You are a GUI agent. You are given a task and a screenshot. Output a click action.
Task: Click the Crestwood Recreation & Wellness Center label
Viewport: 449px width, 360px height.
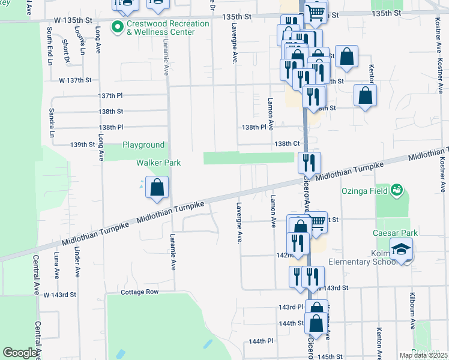161,28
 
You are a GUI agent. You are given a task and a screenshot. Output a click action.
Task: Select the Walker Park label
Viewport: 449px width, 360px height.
158,163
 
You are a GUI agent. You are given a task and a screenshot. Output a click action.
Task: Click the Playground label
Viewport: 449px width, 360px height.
143,145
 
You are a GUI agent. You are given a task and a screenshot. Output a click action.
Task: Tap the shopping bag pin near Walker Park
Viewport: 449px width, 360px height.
156,188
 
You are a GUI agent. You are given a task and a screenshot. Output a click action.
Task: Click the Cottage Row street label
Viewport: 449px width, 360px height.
139,292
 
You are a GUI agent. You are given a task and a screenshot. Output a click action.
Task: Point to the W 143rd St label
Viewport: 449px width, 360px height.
59,295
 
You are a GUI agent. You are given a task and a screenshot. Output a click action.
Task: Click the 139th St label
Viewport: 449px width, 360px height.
83,145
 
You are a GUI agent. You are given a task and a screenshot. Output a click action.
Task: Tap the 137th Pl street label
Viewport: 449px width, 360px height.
110,95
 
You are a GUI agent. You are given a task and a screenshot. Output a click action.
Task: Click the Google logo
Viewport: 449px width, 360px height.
20,352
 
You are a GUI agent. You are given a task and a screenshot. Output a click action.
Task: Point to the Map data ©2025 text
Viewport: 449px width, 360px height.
424,355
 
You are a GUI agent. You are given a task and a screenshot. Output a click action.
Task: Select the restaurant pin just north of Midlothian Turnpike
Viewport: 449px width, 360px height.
309,163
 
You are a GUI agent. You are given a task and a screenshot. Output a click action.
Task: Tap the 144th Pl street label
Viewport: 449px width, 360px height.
261,341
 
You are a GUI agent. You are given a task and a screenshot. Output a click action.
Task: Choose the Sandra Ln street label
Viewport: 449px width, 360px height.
52,119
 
